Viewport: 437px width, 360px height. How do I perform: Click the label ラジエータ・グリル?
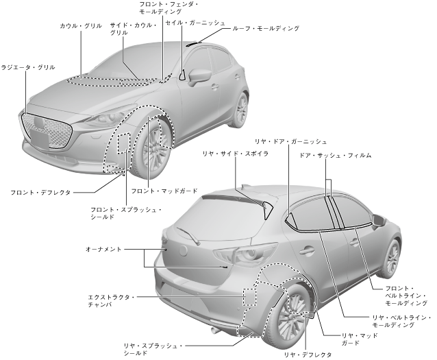pos(27,67)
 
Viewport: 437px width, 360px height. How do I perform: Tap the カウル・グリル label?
pos(81,25)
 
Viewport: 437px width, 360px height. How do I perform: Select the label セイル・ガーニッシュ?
pos(195,23)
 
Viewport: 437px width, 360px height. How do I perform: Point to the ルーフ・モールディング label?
pos(266,29)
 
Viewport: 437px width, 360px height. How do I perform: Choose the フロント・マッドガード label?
pos(164,191)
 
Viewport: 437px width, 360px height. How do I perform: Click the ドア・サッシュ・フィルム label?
pos(335,156)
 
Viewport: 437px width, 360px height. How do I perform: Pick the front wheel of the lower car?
pos(392,259)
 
